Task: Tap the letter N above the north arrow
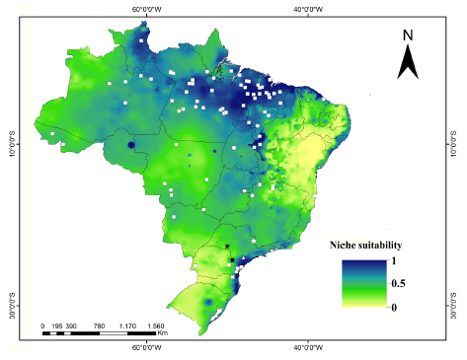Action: [x=409, y=36]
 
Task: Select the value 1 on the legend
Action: [x=393, y=260]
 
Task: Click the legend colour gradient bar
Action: [x=361, y=284]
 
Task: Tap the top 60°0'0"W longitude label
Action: [x=147, y=7]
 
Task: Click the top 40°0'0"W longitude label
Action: [x=309, y=7]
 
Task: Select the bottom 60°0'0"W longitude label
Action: [x=147, y=346]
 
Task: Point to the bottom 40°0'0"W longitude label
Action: [x=309, y=346]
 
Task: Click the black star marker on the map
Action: [x=227, y=247]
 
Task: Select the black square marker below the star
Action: [x=233, y=260]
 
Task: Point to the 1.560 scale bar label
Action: [x=155, y=325]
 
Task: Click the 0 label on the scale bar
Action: [x=42, y=325]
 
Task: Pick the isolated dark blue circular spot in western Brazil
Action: [x=131, y=149]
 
